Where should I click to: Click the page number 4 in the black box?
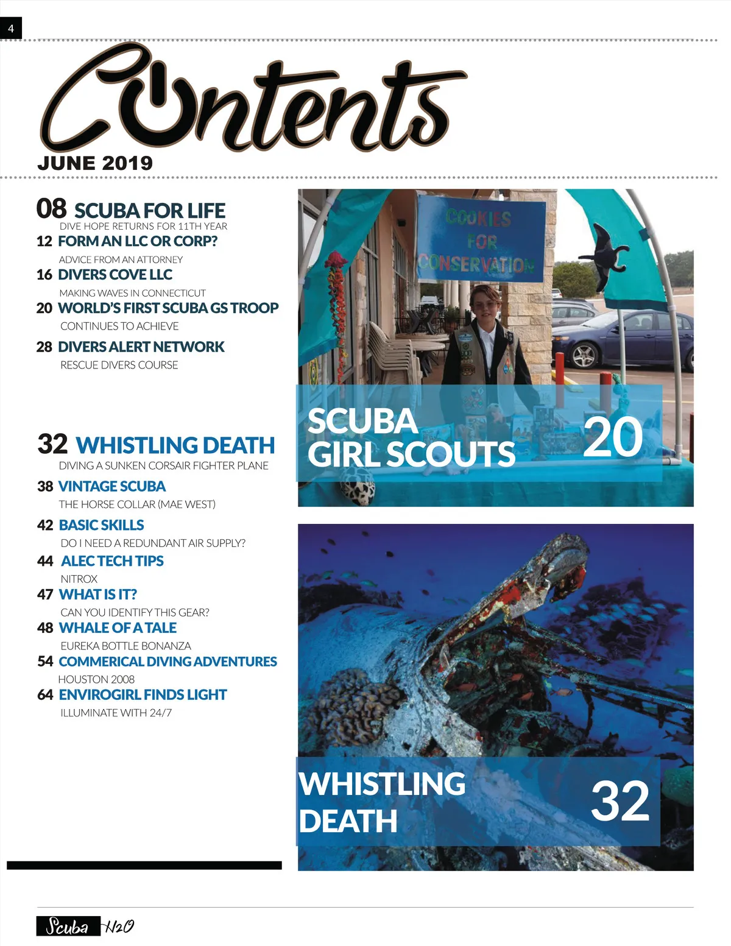10,29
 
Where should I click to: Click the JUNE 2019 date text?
95,163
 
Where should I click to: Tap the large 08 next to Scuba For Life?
51,208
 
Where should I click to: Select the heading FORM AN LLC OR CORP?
138,241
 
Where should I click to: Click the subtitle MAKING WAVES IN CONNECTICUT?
132,293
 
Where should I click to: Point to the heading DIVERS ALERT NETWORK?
141,347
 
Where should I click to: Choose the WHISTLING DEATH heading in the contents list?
175,445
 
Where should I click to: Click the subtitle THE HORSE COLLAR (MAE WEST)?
137,504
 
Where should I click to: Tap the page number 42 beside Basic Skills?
45,525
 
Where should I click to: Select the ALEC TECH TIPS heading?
112,561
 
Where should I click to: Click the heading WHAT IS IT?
98,595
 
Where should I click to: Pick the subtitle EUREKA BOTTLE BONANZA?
125,646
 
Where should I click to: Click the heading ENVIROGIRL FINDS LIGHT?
143,695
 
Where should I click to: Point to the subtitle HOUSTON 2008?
96,679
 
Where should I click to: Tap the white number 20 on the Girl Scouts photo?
612,437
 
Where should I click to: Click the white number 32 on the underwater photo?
620,801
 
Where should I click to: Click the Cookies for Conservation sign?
481,241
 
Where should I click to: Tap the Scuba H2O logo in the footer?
85,927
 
